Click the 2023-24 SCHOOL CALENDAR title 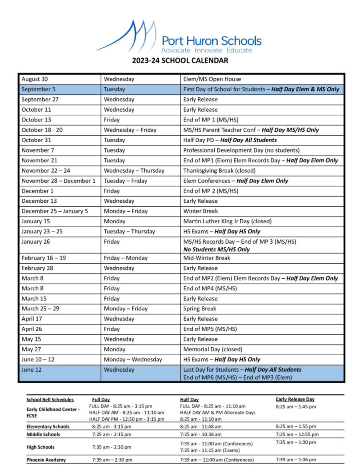tap(180, 60)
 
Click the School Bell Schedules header tap(50, 400)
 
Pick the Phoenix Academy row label tap(46, 460)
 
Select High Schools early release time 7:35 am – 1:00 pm tap(296, 442)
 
